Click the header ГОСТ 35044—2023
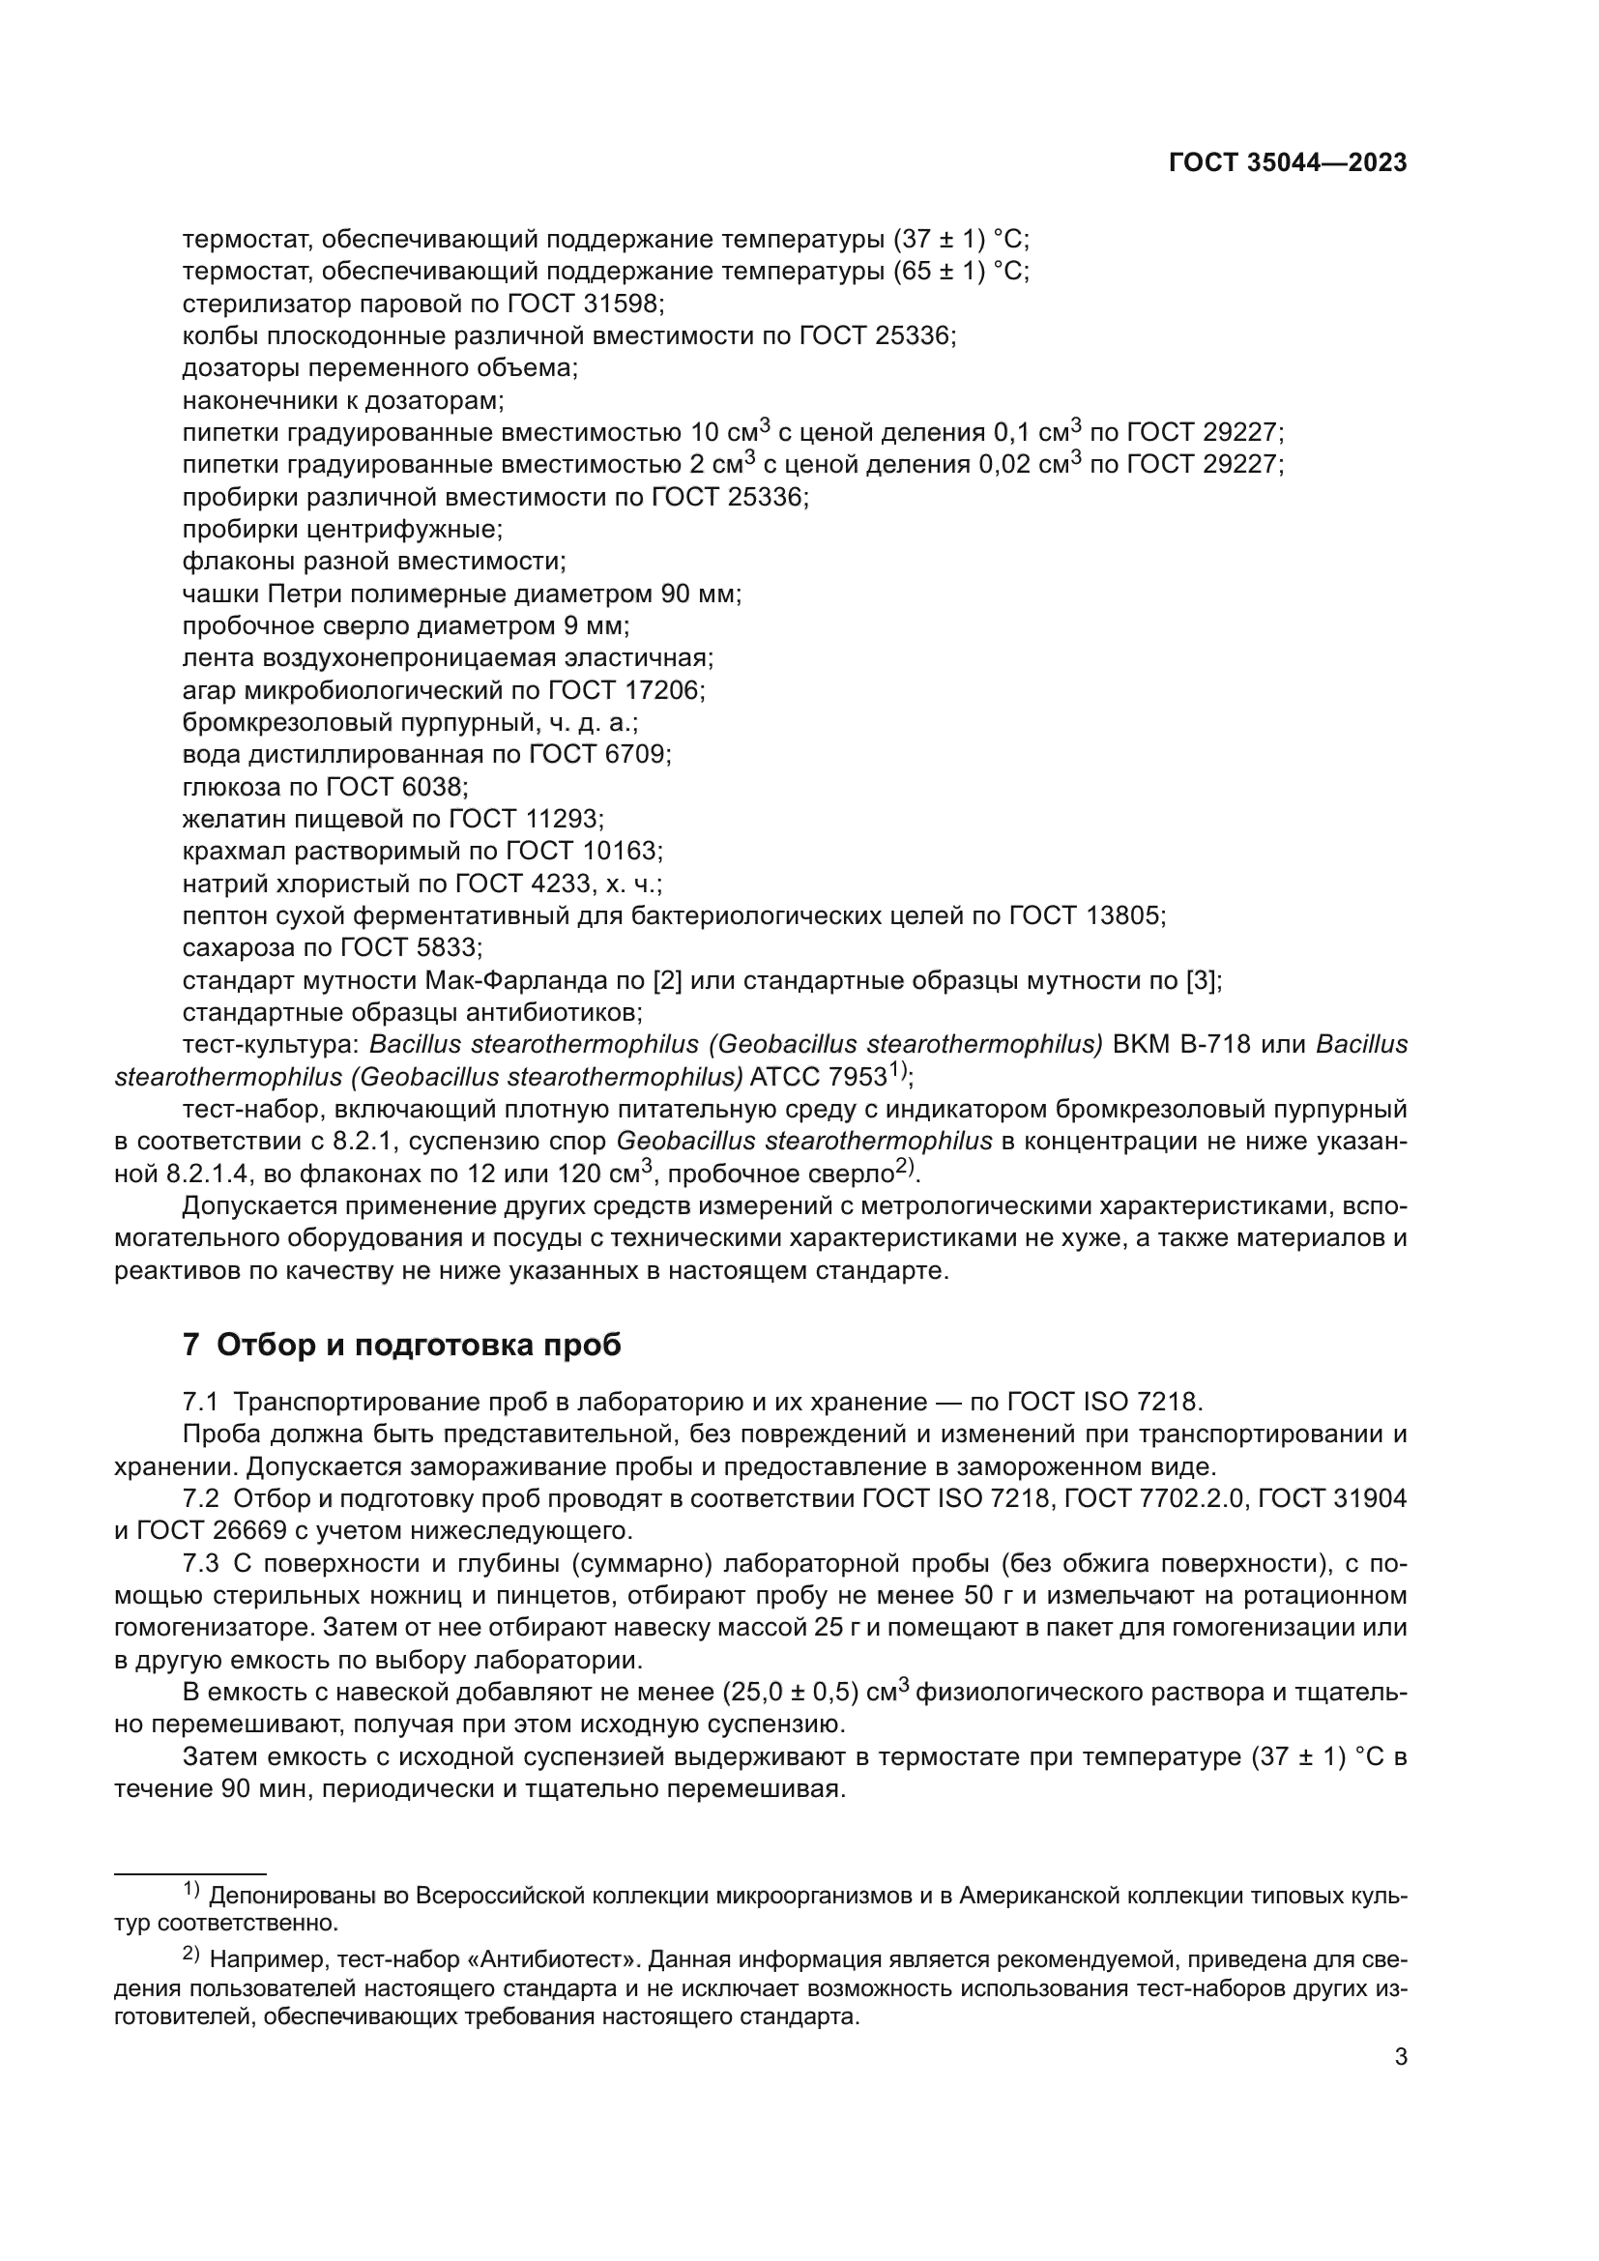click(1288, 163)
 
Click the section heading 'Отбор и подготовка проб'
click(419, 1345)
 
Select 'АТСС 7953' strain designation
click(818, 1076)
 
